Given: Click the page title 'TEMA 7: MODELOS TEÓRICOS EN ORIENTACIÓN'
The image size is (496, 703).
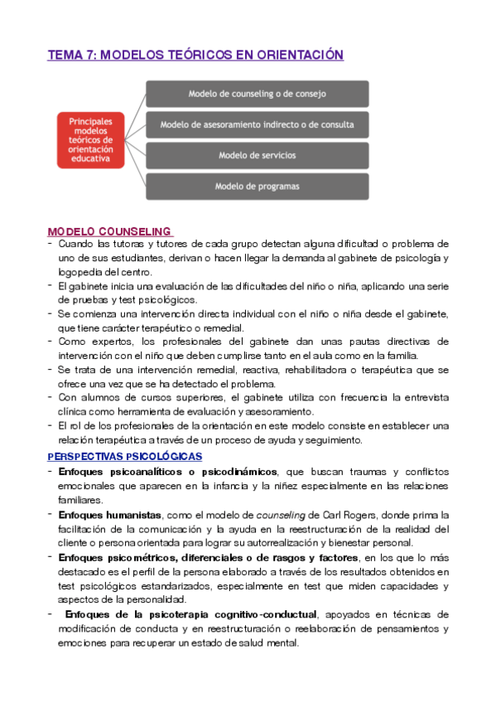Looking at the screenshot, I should [x=195, y=55].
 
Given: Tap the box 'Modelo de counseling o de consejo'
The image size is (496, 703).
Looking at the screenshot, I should [x=258, y=94].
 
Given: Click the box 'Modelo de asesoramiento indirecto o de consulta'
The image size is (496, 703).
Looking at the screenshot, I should [x=258, y=124].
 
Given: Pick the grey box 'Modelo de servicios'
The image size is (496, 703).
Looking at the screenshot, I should [x=258, y=155].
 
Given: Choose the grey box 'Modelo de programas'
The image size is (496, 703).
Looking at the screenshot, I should [x=258, y=186].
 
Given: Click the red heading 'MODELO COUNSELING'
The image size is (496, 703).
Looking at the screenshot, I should [x=109, y=231].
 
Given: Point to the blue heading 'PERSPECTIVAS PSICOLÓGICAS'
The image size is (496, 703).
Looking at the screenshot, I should [x=125, y=457].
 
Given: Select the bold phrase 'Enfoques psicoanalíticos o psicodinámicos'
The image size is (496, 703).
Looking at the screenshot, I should [x=167, y=472].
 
